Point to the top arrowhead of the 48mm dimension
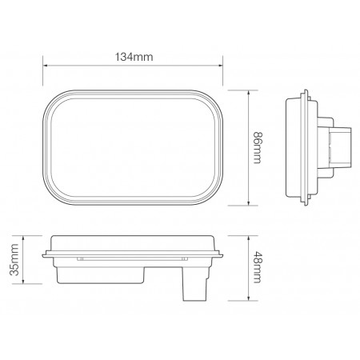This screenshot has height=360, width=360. coord(248,238)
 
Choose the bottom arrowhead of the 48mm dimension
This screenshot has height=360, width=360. coord(248,299)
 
